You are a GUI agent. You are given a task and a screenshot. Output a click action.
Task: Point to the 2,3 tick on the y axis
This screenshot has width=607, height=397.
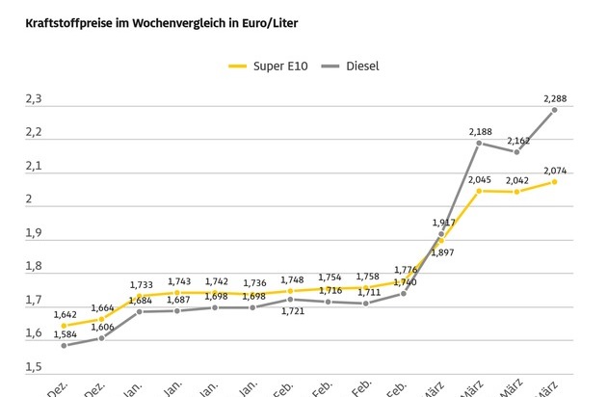tap(35, 98)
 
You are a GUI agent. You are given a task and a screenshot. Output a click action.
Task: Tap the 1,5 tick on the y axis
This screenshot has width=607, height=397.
tap(35, 367)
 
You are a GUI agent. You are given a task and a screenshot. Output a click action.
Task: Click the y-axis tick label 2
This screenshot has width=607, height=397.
tap(30, 199)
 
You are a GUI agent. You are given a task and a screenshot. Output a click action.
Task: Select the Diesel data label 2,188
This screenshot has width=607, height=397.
tap(481, 130)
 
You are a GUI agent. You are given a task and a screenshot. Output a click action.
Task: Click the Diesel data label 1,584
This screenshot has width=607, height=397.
tap(64, 358)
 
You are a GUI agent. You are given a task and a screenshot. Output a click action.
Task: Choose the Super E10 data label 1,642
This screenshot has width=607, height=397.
tap(64, 314)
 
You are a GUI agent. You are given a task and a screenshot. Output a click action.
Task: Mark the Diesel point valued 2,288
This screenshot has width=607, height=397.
tap(555, 110)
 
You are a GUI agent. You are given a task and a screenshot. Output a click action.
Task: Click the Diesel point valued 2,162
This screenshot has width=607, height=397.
tap(516, 152)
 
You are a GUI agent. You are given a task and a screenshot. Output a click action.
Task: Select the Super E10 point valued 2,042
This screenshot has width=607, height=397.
tap(516, 192)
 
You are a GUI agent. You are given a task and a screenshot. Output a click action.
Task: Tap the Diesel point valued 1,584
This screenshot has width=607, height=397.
tap(64, 345)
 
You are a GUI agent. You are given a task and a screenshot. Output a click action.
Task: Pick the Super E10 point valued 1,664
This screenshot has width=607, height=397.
tap(101, 319)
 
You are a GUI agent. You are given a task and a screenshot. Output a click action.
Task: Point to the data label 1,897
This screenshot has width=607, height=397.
tap(444, 251)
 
